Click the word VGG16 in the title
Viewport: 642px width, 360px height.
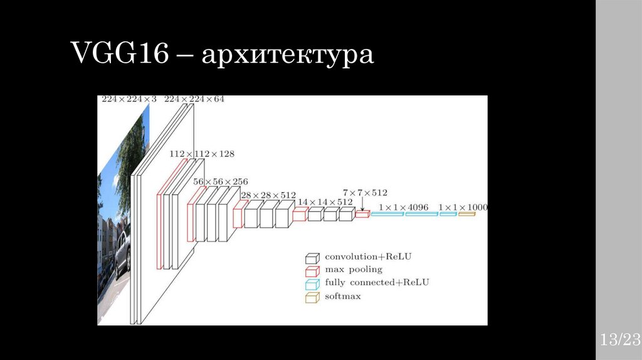[118, 55]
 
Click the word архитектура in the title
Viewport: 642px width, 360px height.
[288, 56]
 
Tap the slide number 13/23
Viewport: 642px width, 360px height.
[619, 341]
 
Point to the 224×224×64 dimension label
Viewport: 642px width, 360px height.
[194, 99]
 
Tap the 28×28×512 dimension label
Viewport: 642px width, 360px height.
[269, 194]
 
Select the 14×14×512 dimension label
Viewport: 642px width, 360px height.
[325, 202]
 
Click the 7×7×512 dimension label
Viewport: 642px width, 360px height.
[365, 192]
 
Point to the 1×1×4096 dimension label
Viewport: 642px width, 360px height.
[403, 207]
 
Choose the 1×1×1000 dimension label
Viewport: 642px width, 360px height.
[463, 207]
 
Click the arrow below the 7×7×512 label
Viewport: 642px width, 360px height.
[362, 204]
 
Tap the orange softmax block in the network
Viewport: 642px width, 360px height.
[466, 214]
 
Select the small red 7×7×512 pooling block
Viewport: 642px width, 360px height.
[362, 214]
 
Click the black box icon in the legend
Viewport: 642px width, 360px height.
[312, 257]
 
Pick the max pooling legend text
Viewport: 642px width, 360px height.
[353, 270]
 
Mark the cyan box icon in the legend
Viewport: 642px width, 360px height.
[312, 283]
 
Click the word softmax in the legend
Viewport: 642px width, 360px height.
[342, 296]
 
